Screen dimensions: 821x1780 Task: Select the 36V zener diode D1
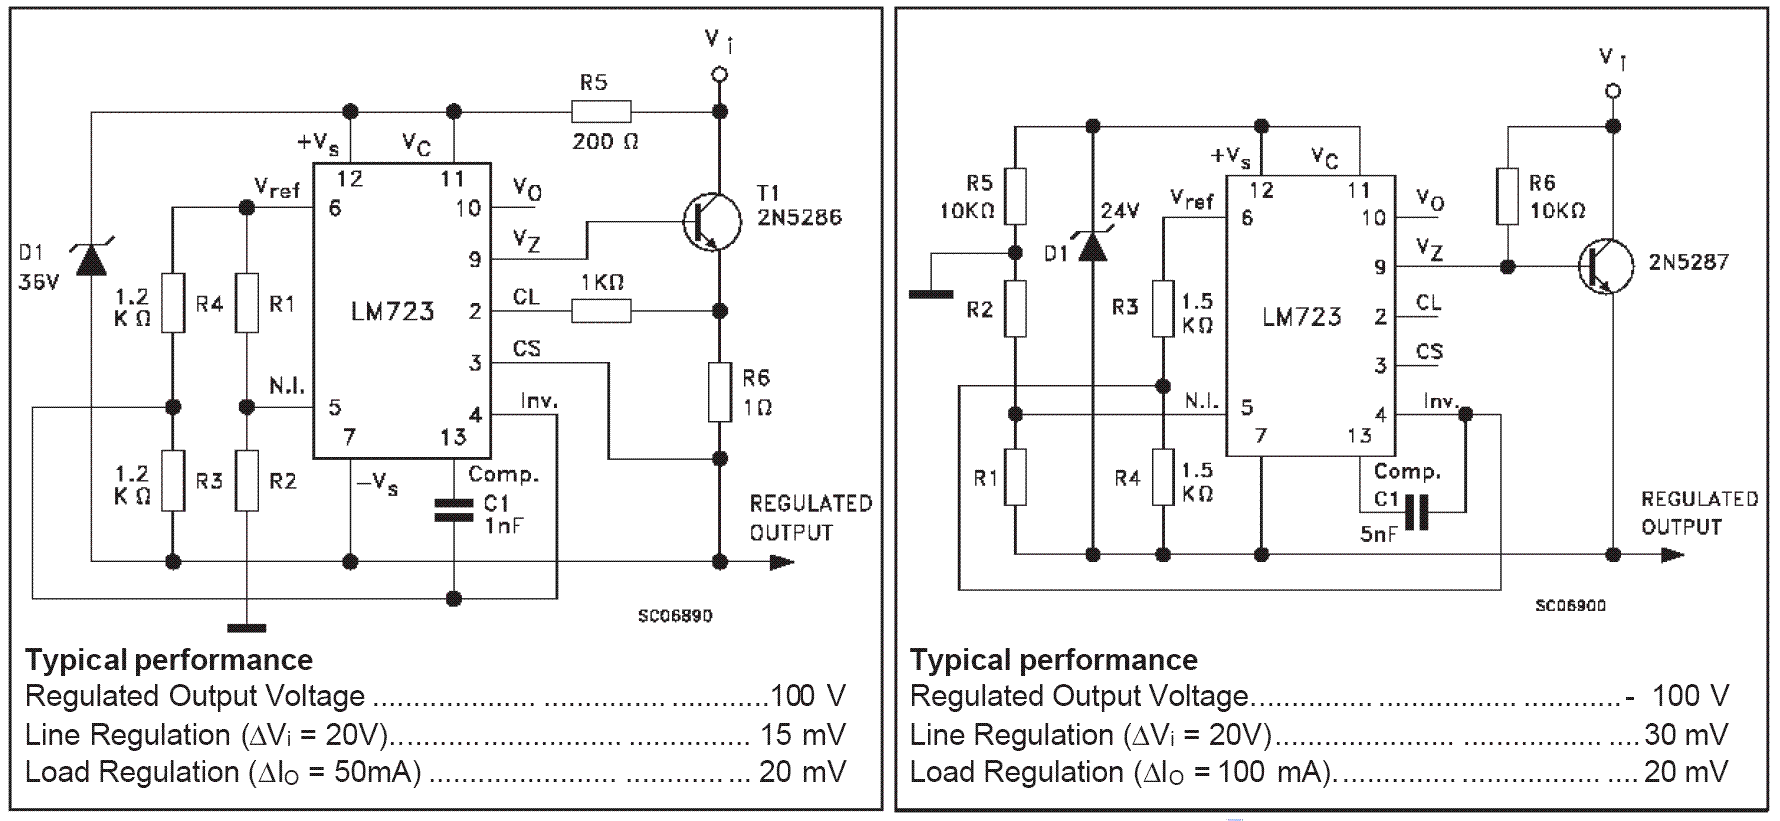[91, 259]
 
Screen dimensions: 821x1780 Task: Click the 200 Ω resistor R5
[601, 111]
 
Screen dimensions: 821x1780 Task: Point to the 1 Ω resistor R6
[719, 393]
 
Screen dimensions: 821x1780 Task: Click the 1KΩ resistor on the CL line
[601, 311]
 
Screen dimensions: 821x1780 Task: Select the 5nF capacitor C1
[1417, 512]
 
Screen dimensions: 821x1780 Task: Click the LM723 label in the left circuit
[392, 311]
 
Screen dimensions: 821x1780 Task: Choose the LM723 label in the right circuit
[1301, 317]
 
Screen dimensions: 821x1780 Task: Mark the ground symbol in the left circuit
[247, 628]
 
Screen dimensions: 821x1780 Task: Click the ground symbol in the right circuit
[930, 293]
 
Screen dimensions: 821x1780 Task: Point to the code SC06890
[675, 616]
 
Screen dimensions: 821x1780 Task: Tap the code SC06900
[1570, 605]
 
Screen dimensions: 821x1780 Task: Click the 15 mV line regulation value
[802, 735]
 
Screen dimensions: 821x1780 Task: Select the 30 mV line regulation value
[1686, 735]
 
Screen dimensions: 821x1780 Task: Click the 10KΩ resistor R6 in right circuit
[1507, 197]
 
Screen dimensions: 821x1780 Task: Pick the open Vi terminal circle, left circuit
[719, 74]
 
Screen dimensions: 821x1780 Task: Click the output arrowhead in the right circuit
[1672, 554]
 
